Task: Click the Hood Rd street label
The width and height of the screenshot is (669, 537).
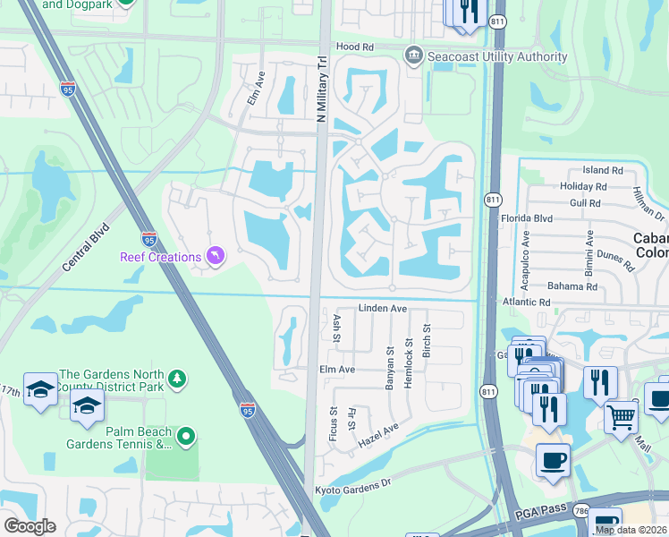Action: pyautogui.click(x=353, y=47)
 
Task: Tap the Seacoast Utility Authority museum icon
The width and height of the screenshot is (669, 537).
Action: pyautogui.click(x=413, y=56)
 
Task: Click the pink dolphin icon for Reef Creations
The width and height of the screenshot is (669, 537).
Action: pyautogui.click(x=215, y=257)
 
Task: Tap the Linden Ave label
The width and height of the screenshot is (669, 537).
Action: pyautogui.click(x=383, y=309)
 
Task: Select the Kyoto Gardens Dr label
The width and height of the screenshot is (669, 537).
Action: pyautogui.click(x=353, y=489)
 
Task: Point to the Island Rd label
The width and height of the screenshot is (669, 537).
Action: pyautogui.click(x=602, y=170)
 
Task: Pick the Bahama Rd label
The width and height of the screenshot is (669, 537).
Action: pyautogui.click(x=574, y=286)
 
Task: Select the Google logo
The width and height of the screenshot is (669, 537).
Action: pyautogui.click(x=30, y=526)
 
